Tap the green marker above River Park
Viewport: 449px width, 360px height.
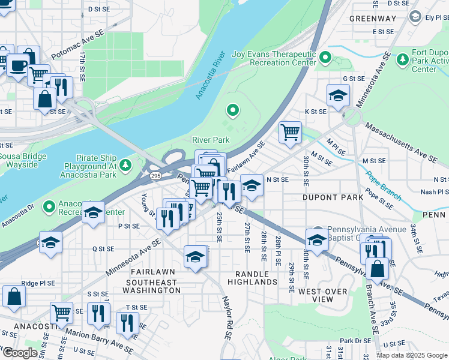point(232,110)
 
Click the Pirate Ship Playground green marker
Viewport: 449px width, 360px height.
point(125,164)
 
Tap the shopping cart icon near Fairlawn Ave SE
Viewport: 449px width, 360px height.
point(291,131)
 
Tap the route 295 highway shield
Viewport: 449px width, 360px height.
point(155,175)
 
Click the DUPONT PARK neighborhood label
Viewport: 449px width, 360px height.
point(332,197)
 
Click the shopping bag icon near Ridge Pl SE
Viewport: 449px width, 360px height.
point(14,296)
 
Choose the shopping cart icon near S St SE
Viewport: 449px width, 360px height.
point(61,313)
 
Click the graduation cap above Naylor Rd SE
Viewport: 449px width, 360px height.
point(195,257)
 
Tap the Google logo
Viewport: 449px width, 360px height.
point(20,353)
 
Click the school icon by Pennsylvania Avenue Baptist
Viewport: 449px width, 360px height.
point(317,239)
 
